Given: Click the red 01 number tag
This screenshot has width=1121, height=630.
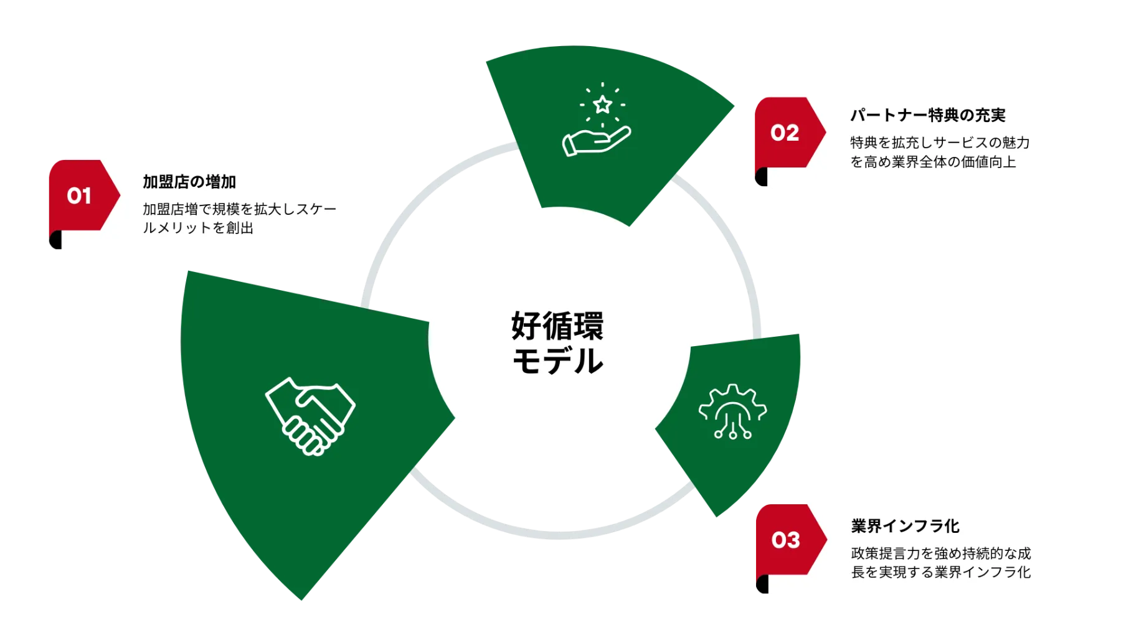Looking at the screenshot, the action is pos(80,196).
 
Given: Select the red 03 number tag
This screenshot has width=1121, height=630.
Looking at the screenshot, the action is pos(786,540).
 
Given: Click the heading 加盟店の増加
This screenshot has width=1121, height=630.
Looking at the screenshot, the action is pos(189,182).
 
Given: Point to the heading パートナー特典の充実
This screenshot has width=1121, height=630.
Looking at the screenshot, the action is pos(928,115).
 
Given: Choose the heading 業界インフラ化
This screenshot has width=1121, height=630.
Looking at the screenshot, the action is pos(905,526).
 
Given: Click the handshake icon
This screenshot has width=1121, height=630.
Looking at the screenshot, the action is pos(310,416).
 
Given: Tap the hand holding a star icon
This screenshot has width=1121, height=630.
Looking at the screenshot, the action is pos(597,120).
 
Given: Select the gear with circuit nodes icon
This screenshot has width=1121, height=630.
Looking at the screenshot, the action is pos(732,411).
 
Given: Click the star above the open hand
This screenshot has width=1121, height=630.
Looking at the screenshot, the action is pos(602,104).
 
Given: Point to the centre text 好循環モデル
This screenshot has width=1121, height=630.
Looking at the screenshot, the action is pos(558,343).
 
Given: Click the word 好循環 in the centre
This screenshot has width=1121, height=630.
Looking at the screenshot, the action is pos(558,326).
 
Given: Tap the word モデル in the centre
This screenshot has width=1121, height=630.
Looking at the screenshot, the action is pos(558,361).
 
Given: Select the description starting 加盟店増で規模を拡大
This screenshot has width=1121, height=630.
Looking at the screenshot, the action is pos(239,219).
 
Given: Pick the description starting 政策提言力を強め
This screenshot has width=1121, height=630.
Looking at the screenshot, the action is pos(940,562).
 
